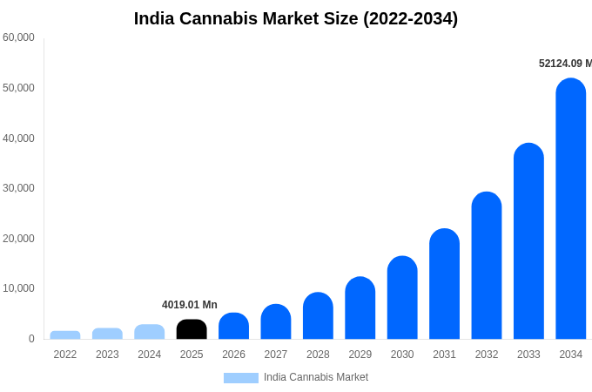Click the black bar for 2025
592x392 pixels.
tap(192, 329)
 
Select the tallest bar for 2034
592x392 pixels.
tap(571, 209)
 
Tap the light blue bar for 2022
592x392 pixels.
tap(65, 335)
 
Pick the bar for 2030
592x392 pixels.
tap(402, 298)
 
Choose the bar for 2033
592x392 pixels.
tap(528, 241)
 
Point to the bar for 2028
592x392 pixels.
tap(318, 316)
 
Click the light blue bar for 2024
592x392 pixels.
tap(150, 332)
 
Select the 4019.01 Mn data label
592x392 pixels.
tap(190, 305)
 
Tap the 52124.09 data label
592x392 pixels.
tap(564, 64)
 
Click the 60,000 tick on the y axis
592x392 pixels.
tap(18, 37)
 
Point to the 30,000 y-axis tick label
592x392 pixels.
tap(18, 188)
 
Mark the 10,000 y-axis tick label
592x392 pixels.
tap(18, 288)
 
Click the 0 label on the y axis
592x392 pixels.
tap(31, 339)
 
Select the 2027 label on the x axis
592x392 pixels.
tap(276, 355)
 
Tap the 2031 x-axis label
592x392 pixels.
tap(444, 355)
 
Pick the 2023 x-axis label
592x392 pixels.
tap(107, 355)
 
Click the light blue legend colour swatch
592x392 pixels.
tap(241, 378)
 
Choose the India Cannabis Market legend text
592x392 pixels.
tap(316, 377)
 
